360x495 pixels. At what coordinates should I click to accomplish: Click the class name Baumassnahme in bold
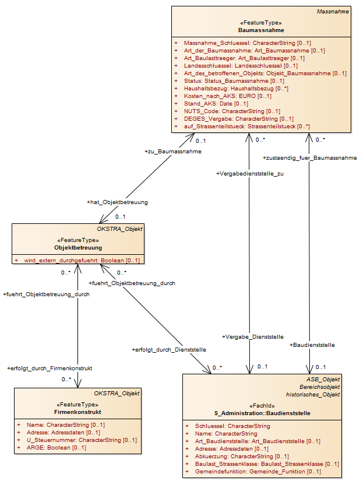(x=261, y=30)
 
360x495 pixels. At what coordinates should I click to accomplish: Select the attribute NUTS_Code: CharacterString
(x=232, y=111)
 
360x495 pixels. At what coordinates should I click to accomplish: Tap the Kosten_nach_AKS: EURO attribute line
(x=228, y=96)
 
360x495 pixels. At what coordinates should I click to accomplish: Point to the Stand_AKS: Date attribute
(x=216, y=104)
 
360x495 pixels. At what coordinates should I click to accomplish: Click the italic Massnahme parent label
(x=333, y=12)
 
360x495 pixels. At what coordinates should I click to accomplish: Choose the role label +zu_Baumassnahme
(x=173, y=152)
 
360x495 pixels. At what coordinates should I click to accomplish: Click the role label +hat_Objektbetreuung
(x=117, y=202)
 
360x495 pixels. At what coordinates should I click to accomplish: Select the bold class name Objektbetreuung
(x=78, y=248)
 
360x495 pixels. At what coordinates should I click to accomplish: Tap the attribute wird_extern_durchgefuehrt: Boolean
(x=82, y=261)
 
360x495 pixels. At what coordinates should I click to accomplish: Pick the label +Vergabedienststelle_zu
(x=250, y=174)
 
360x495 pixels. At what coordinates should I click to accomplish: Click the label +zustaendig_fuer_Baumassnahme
(x=310, y=158)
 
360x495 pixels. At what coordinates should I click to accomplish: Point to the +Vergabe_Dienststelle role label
(x=253, y=337)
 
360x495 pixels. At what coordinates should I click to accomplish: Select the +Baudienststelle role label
(x=312, y=345)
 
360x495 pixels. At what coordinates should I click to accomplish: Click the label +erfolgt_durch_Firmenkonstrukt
(x=50, y=368)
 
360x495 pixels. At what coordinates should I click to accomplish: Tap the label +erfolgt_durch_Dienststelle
(x=169, y=350)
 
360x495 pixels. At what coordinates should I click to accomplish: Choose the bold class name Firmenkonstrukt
(x=77, y=412)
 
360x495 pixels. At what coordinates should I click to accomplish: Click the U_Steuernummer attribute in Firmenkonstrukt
(x=82, y=440)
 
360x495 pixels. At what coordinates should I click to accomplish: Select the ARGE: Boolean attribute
(x=56, y=448)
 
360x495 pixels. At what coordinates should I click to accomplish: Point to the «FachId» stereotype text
(x=262, y=406)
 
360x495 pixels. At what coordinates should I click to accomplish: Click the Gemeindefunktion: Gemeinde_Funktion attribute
(x=258, y=472)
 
